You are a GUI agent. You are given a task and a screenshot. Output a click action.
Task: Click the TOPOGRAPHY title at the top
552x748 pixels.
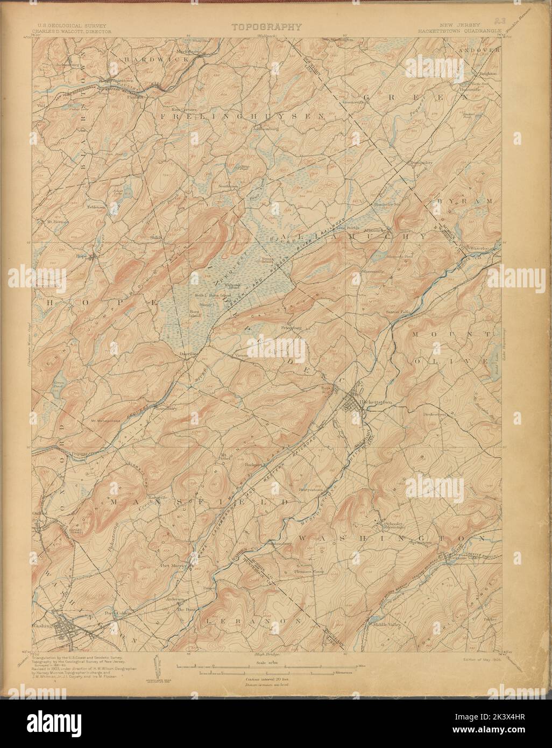[267, 26]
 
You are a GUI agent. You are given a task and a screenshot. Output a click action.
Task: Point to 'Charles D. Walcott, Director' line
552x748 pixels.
[74, 32]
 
